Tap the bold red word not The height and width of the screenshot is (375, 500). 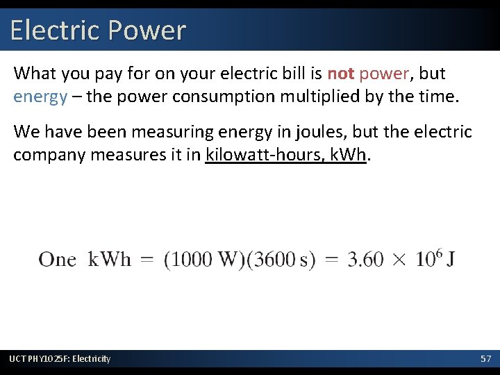(341, 73)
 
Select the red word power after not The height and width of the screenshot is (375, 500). (382, 73)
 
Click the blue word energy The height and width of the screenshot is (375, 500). (40, 96)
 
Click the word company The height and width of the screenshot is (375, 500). (53, 154)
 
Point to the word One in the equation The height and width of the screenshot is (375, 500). (57, 260)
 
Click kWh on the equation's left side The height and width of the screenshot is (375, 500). (109, 260)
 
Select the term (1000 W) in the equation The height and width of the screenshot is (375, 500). (203, 260)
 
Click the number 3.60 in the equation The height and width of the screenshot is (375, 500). (365, 260)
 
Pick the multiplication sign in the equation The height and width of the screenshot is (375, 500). (401, 260)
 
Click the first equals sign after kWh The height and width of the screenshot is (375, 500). (147, 260)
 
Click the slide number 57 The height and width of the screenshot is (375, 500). (486, 358)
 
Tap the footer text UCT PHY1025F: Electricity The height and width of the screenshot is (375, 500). (60, 358)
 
